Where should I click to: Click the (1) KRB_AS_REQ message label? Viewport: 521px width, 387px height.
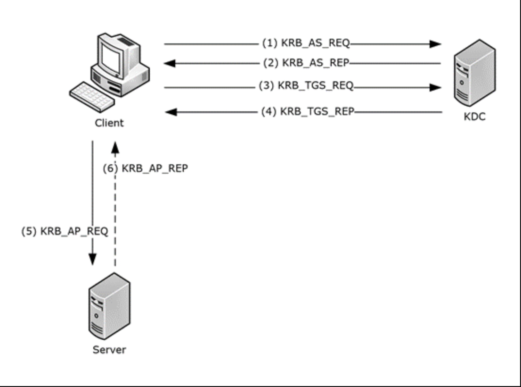[306, 44]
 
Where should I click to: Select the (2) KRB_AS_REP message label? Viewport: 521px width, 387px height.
[306, 63]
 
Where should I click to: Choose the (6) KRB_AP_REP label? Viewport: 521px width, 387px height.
[146, 168]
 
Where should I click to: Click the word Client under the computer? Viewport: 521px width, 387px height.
[108, 124]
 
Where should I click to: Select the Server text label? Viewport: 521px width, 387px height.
[109, 350]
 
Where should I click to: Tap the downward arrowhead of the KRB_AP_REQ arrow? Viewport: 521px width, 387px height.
[93, 260]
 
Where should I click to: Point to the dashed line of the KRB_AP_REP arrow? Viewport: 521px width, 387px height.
[114, 212]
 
